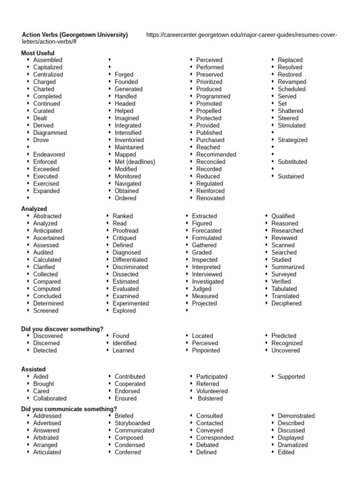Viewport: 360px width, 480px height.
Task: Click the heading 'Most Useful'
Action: pyautogui.click(x=38, y=53)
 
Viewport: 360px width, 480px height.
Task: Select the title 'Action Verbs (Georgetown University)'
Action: pyautogui.click(x=75, y=35)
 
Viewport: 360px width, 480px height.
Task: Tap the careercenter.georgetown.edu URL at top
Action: pyautogui.click(x=241, y=35)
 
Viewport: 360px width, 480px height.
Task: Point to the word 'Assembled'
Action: pyautogui.click(x=47, y=60)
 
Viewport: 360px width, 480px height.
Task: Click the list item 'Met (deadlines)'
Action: pyautogui.click(x=135, y=162)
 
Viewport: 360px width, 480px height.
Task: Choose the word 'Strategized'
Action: pyautogui.click(x=292, y=140)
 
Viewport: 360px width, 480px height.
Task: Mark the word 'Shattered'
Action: pyautogui.click(x=290, y=111)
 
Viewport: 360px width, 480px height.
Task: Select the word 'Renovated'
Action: pyautogui.click(x=210, y=198)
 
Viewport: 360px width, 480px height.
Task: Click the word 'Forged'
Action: pyautogui.click(x=124, y=75)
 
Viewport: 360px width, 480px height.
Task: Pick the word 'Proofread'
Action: pyautogui.click(x=125, y=231)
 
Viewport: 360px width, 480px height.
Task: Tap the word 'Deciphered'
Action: pyautogui.click(x=286, y=303)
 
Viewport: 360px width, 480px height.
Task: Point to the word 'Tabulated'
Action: pyautogui.click(x=284, y=289)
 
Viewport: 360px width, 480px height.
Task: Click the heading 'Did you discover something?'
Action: pyautogui.click(x=62, y=329)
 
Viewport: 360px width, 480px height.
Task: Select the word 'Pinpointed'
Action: pyautogui.click(x=206, y=350)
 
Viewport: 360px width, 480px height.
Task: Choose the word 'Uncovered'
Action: pyautogui.click(x=285, y=350)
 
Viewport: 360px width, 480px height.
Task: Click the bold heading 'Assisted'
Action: pyautogui.click(x=34, y=369)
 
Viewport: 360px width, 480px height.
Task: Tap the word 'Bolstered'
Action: pyautogui.click(x=210, y=398)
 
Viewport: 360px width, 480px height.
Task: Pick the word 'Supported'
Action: pyautogui.click(x=291, y=376)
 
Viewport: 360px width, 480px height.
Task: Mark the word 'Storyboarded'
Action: pyautogui.click(x=132, y=423)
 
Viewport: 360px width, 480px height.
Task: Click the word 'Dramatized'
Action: pyautogui.click(x=292, y=445)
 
